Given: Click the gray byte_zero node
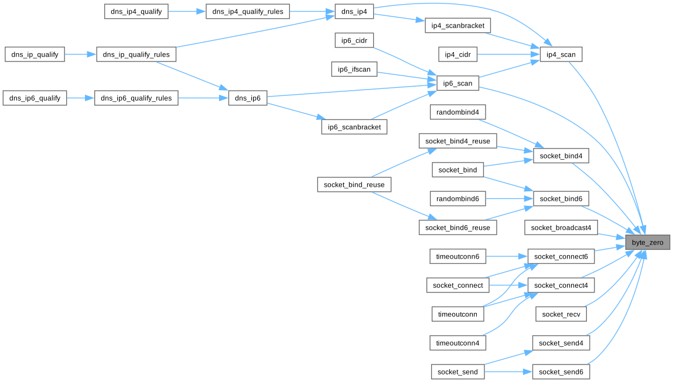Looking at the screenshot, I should pos(647,242).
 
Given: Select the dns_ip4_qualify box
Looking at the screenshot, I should pos(136,11).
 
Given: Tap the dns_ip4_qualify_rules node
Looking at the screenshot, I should pos(247,11).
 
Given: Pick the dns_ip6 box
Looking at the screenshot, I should pos(248,98).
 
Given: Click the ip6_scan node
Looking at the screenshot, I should pos(457,84).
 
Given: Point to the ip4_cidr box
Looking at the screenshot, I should pos(458,54).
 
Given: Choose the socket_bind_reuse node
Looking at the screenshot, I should pos(354,185).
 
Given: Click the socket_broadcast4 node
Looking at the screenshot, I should pos(561,228).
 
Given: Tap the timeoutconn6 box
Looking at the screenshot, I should pos(457,256).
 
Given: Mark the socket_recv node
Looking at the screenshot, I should pos(561,314).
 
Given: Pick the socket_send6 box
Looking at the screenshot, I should pos(561,372).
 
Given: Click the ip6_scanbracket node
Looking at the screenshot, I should pos(354,127).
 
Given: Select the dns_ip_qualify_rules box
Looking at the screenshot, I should pos(136,54).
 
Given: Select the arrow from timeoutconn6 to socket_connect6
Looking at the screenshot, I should pos(507,256).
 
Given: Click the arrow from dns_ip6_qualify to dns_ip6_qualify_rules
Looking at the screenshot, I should pos(81,98).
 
